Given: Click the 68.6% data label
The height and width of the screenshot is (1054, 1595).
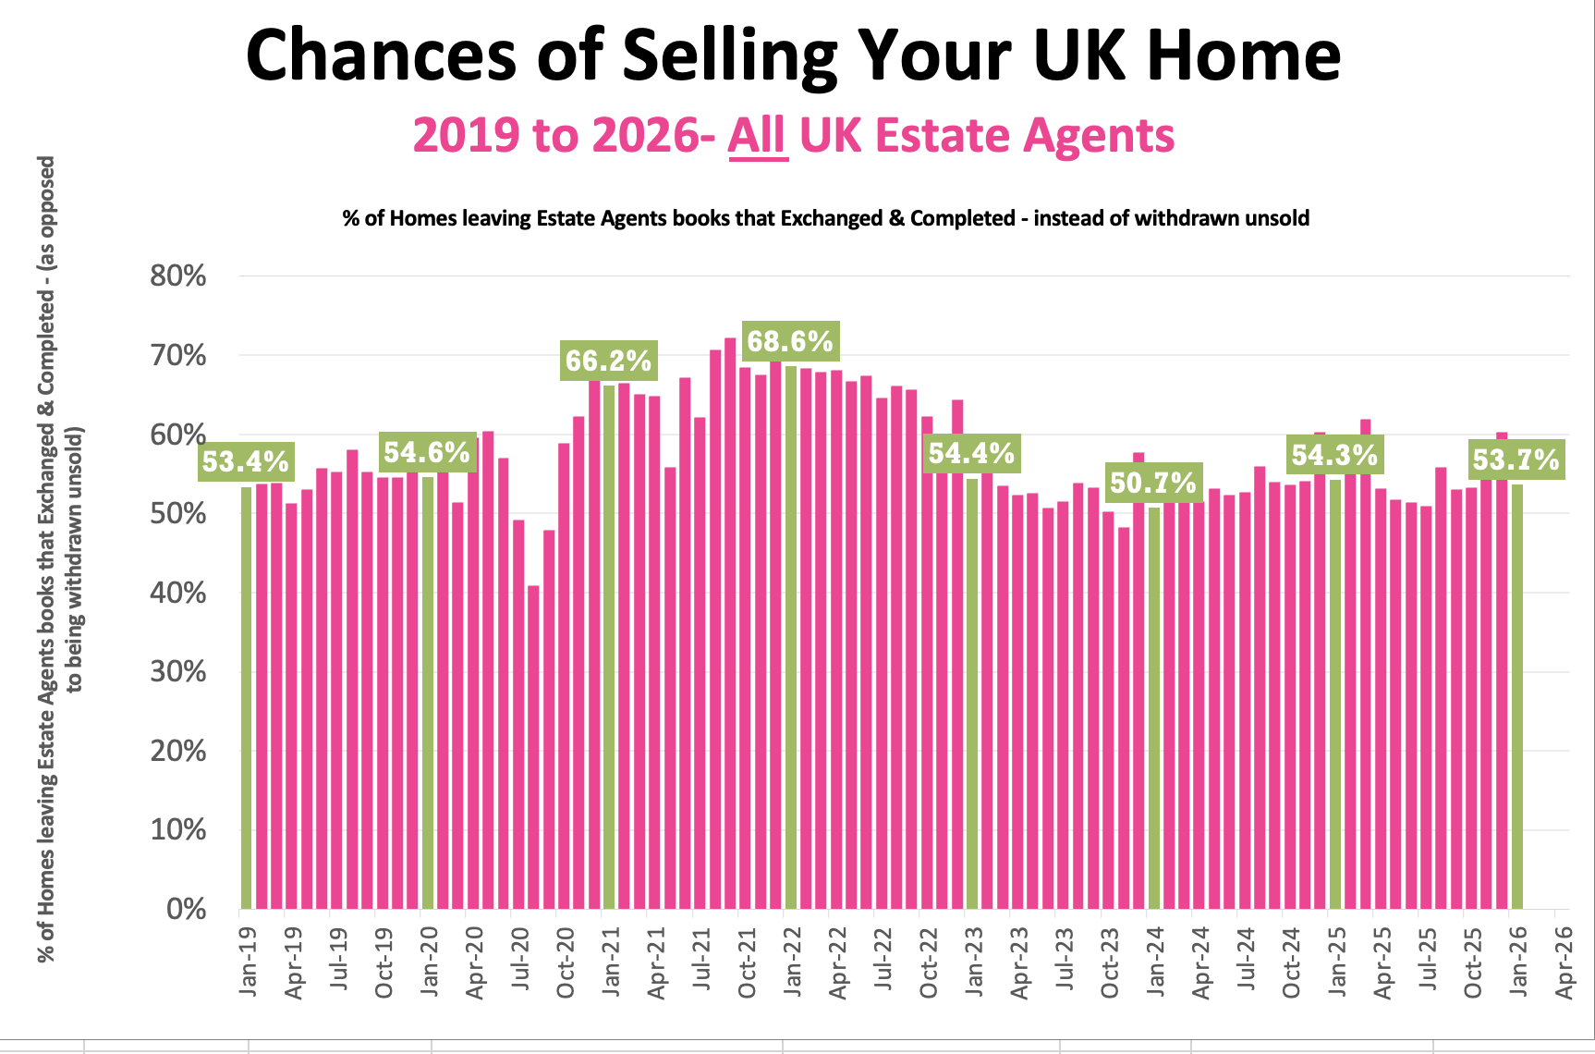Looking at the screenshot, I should pos(789,341).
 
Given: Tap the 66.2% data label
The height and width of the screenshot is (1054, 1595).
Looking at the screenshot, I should pos(608,361).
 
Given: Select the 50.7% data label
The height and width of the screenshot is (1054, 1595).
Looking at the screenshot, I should pos(1153,483).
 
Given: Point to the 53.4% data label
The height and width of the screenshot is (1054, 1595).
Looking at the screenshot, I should pos(246,461).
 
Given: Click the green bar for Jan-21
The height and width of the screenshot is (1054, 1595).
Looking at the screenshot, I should pos(609,647).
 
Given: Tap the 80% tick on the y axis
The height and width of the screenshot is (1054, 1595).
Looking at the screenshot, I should pos(177,276).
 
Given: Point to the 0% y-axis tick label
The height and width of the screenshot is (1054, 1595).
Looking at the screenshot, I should pos(186,909).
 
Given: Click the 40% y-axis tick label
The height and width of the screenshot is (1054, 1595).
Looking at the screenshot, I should pos(177,593).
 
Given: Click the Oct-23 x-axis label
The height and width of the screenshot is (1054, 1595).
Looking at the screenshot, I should pos(1110,962).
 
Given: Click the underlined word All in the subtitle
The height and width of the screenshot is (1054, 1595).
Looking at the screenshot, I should pos(758,136).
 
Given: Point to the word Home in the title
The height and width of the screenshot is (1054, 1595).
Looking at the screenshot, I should pos(1243,55).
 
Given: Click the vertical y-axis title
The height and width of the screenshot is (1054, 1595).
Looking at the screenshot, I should pos(60,559).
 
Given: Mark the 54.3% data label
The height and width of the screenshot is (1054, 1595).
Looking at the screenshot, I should pos(1334,455).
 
